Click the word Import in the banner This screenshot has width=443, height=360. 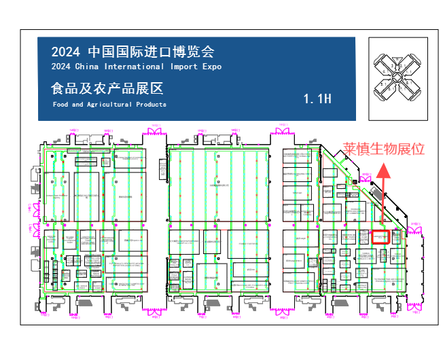(184, 67)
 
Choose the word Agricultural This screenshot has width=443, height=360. (109, 105)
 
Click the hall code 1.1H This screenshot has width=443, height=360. (317, 99)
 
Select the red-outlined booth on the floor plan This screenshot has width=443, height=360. (380, 237)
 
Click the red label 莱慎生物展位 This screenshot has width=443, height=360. (383, 148)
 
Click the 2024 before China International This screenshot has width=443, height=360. (61, 67)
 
